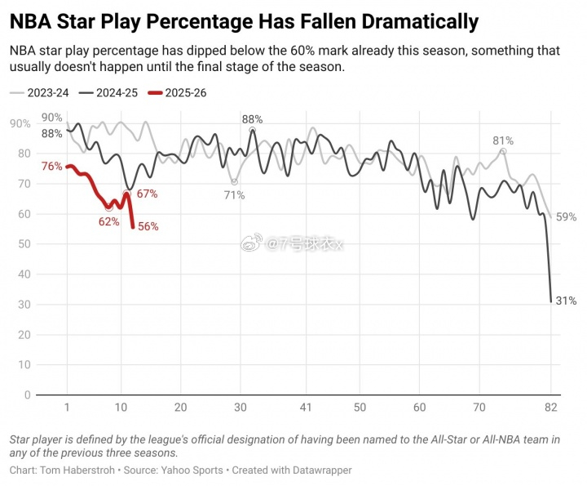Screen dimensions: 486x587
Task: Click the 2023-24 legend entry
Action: [x=46, y=93]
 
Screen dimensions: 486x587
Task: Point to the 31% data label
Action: [x=566, y=301]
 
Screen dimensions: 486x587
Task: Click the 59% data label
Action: [x=566, y=217]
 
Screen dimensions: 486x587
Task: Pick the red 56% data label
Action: [x=148, y=227]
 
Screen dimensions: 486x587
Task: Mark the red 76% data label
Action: [x=51, y=167]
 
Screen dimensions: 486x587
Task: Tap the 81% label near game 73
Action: [x=503, y=141]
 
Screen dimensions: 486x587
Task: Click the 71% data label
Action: [x=235, y=195]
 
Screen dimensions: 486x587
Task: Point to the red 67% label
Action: [x=147, y=194]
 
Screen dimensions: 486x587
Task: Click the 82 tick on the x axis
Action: [x=550, y=408]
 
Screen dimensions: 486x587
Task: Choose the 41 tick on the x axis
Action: [x=306, y=408]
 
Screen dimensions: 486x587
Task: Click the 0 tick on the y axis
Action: [x=27, y=395]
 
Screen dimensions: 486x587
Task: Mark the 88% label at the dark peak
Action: [x=252, y=119]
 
